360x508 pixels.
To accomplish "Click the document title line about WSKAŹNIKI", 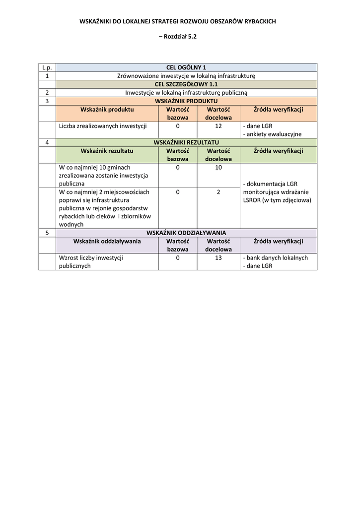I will [178, 21].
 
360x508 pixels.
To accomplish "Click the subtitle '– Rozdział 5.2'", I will [178, 37].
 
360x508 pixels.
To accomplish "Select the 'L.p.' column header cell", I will [47, 67].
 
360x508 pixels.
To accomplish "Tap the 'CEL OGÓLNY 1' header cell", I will [186, 67].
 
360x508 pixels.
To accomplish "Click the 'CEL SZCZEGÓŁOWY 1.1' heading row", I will [186, 84].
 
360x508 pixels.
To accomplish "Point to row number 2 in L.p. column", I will [47, 93].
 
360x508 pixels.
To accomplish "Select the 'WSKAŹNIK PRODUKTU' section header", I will [186, 101].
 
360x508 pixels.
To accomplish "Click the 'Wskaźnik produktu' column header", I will [107, 110].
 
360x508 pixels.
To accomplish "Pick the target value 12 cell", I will [218, 126].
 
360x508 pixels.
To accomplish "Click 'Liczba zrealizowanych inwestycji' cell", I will [103, 126].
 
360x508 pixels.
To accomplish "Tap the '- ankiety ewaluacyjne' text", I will [272, 134].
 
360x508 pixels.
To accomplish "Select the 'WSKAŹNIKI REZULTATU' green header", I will [186, 142].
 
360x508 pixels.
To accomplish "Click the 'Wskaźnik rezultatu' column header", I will [107, 151].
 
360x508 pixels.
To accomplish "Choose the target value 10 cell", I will [218, 168].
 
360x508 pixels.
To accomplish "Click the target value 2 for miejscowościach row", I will [218, 192].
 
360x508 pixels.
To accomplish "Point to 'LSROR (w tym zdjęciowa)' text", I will [277, 200].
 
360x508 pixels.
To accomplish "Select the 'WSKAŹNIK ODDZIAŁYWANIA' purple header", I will [186, 233].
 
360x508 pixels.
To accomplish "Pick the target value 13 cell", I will [218, 258].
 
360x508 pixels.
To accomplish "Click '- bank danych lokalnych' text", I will [276, 258].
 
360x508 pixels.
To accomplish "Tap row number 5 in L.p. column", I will [47, 233].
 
